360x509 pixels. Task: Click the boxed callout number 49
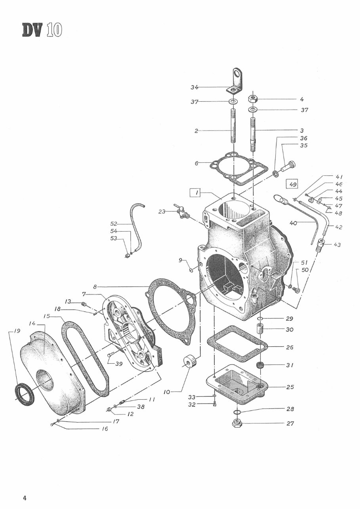click(293, 184)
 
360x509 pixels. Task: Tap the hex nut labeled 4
click(253, 99)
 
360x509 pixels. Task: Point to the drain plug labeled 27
click(237, 424)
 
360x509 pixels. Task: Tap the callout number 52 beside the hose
click(114, 224)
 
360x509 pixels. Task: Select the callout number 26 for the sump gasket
click(290, 348)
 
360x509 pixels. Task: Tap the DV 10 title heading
click(42, 30)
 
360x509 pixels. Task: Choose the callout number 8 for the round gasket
click(95, 287)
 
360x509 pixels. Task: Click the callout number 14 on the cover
click(32, 324)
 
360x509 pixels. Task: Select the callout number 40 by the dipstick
click(293, 223)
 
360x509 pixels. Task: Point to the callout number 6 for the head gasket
click(196, 163)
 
